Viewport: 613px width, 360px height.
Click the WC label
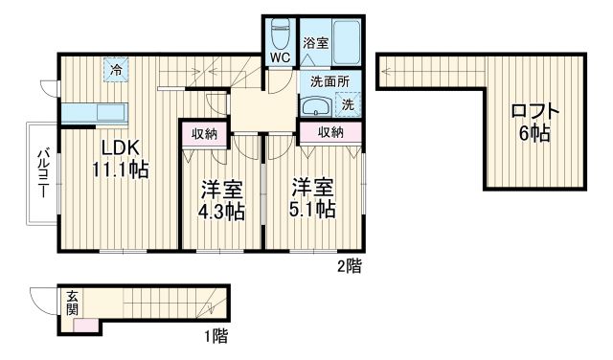click(x=279, y=57)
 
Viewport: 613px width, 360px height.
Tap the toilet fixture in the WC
click(x=280, y=34)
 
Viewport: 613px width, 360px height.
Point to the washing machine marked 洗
click(x=348, y=103)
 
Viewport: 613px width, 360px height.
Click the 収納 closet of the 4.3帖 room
click(x=203, y=134)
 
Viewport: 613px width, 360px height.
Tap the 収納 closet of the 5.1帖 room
click(x=330, y=133)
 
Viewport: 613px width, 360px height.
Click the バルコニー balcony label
click(x=43, y=175)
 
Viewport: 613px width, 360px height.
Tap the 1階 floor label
click(x=214, y=336)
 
